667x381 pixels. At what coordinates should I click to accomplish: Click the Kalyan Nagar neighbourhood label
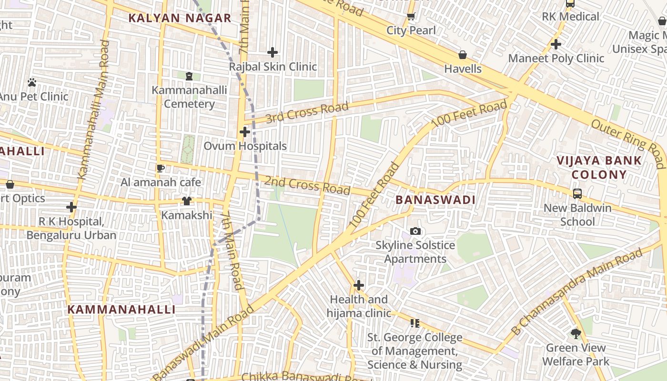tap(180, 19)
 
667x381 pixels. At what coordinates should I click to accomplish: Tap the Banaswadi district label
tap(435, 200)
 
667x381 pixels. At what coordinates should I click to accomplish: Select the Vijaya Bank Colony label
tap(599, 167)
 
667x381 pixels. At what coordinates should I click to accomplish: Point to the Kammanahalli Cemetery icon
tap(189, 76)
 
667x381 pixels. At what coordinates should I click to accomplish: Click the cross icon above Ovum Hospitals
tap(245, 132)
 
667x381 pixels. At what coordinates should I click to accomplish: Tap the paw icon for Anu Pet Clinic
tap(32, 82)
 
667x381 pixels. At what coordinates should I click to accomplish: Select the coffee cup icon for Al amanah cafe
tap(161, 168)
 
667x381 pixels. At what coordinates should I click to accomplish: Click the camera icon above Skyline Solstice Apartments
tap(415, 231)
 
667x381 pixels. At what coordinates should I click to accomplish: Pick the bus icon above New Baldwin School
tap(577, 194)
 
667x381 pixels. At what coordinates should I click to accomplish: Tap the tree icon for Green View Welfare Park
tap(576, 333)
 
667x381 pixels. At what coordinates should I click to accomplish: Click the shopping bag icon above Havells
tap(462, 55)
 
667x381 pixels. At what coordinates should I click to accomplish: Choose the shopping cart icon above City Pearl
tap(411, 16)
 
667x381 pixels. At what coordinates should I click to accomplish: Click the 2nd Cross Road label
tap(307, 185)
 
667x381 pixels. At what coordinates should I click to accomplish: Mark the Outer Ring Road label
tap(628, 143)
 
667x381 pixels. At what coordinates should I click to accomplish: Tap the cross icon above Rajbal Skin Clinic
tap(273, 52)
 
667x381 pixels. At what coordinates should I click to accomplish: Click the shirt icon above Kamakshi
tap(186, 201)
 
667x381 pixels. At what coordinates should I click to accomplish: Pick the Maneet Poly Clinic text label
tap(556, 59)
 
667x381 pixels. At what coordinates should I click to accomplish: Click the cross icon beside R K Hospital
tap(71, 207)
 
